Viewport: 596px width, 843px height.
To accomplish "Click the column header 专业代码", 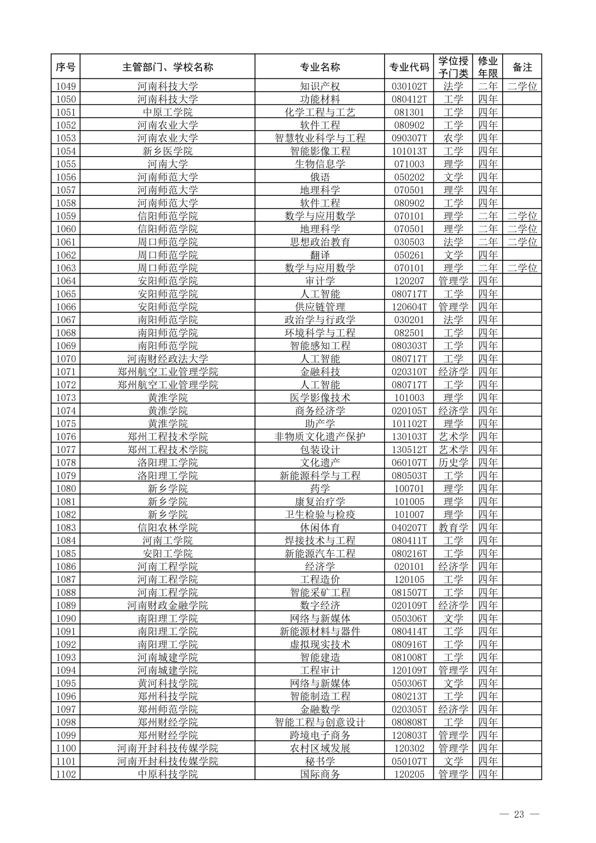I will pos(409,67).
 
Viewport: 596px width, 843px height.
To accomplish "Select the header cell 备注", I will pos(522,67).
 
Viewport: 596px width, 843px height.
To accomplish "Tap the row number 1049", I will pos(66,86).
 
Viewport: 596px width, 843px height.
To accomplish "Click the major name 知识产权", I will pos(320,86).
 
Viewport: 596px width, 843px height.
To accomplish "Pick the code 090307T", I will pos(409,138).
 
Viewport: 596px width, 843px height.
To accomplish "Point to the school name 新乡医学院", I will pos(167,151).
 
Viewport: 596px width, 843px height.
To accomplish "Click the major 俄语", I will pos(320,177).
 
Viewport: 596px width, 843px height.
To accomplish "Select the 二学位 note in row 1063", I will pos(522,268).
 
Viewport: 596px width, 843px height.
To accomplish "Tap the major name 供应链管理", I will pos(320,307).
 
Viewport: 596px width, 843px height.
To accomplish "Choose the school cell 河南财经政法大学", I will pos(167,359).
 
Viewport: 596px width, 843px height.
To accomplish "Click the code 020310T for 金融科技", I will pos(409,372).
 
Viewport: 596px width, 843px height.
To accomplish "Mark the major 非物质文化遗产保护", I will pos(320,436).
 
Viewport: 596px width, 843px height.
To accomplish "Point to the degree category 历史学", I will pos(453,462).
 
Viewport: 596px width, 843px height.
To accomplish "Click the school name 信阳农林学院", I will pos(167,527).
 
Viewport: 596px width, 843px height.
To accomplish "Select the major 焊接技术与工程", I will pos(320,541).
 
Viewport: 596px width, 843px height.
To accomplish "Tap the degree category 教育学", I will pos(453,527).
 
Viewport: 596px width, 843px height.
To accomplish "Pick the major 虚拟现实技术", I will pos(320,644).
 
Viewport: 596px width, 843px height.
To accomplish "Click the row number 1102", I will pos(66,774).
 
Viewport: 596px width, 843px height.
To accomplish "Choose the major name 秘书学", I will pos(320,761).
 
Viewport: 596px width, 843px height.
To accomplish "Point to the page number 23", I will pos(519,814).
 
